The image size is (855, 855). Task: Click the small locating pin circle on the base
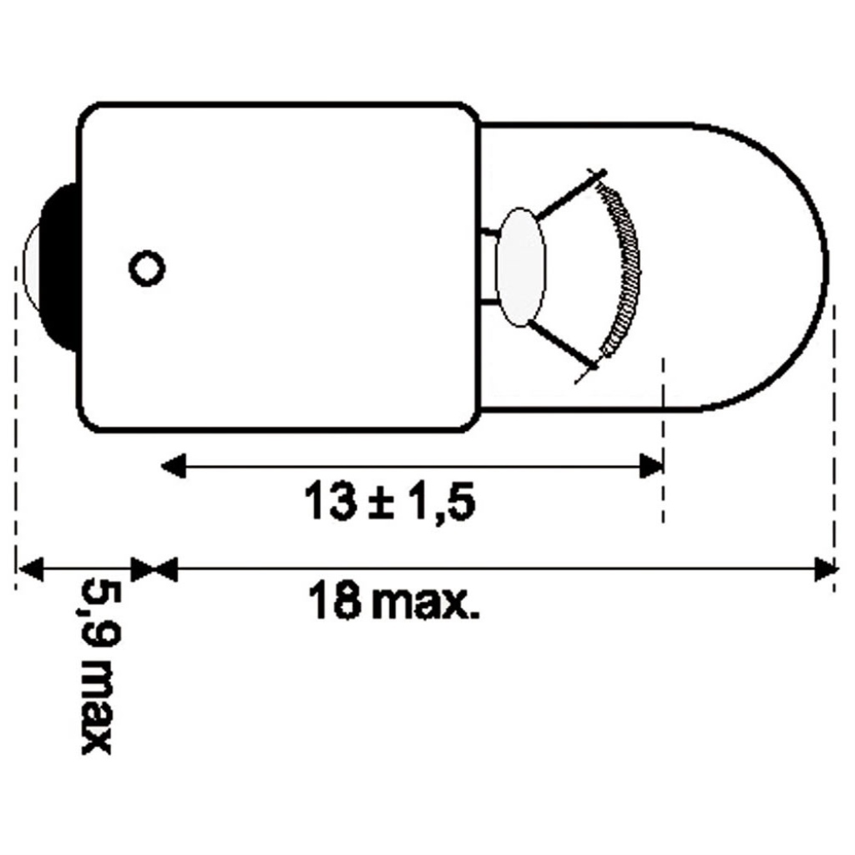coord(147,268)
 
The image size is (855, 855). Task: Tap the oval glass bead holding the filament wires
coord(521,267)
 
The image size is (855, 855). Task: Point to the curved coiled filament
coord(620,268)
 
